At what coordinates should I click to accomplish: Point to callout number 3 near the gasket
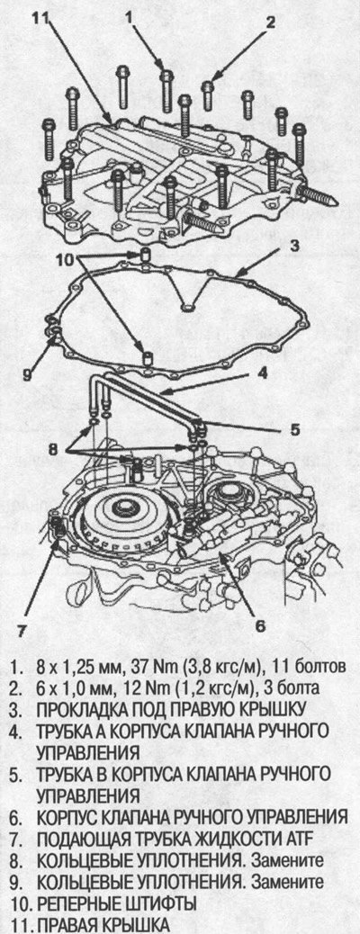coord(295,246)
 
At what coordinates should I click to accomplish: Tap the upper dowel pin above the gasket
coord(145,256)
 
